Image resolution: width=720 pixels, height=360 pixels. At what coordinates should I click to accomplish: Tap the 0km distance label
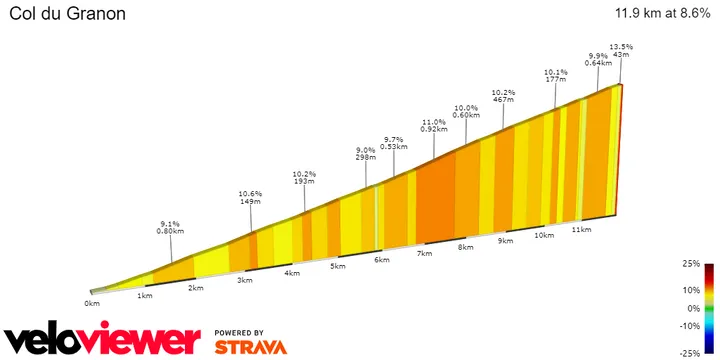point(92,303)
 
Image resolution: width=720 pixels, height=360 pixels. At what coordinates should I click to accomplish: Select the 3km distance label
point(245,280)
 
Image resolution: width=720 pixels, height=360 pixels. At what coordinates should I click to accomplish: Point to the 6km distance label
point(381,260)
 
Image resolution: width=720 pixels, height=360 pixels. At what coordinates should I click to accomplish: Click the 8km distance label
point(464,247)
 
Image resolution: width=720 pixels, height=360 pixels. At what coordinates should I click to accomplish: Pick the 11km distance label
point(579,229)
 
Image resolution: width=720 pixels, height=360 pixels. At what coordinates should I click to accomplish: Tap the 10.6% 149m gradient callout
point(250,197)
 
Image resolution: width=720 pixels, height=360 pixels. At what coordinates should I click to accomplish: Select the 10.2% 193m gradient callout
point(304,177)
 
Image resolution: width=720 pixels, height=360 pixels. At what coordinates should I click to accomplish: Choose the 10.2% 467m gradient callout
point(503,96)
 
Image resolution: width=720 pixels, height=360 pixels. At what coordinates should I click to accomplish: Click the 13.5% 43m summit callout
point(620,50)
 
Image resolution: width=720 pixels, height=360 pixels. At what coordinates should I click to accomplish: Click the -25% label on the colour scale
point(690,353)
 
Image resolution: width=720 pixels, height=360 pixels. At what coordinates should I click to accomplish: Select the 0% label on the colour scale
point(694,309)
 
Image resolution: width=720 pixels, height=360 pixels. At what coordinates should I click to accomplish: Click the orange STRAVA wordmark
point(251,347)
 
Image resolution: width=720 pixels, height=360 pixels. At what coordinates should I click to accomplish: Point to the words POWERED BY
point(239,332)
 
